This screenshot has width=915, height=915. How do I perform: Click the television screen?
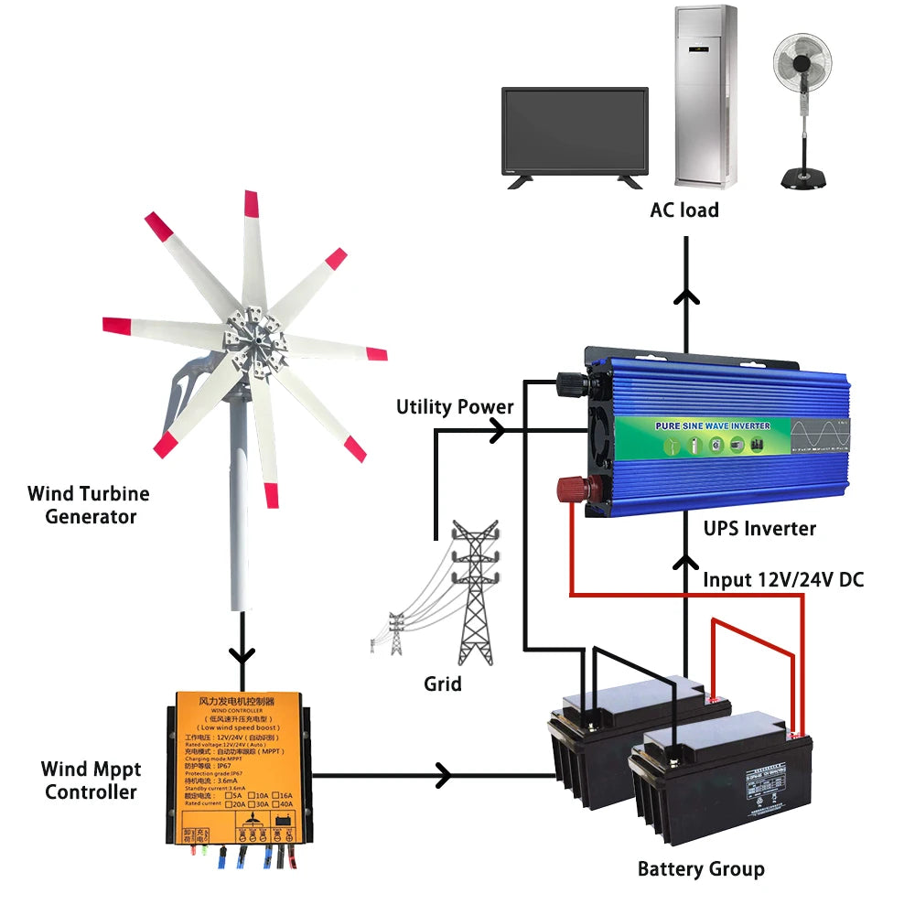(x=575, y=129)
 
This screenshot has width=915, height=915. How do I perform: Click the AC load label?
(x=684, y=210)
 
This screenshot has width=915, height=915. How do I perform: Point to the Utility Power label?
(x=455, y=406)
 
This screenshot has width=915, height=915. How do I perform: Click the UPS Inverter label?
(x=759, y=528)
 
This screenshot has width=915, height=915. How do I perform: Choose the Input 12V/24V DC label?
(x=782, y=580)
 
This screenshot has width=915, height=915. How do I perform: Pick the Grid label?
(x=443, y=684)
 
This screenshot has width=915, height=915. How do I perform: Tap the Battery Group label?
(x=701, y=868)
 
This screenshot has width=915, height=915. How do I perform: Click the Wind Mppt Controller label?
(x=91, y=780)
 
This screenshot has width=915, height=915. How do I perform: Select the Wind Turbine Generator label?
(x=88, y=505)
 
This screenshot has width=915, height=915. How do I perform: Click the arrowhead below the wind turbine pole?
(x=242, y=656)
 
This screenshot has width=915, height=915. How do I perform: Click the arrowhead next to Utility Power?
(x=500, y=432)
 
